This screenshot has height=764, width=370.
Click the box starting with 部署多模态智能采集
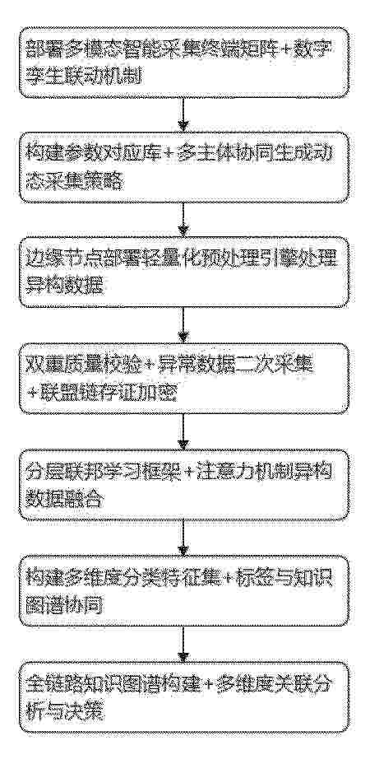184,63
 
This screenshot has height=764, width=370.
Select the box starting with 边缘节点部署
184,273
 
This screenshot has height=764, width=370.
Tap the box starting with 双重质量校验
184,379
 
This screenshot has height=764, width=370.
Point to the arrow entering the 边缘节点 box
183,221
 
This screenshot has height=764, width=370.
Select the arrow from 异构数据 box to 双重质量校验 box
183,325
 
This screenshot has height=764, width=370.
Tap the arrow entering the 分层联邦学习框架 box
183,431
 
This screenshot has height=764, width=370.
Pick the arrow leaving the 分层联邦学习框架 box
183,538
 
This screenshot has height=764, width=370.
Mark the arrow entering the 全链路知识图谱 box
183,644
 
